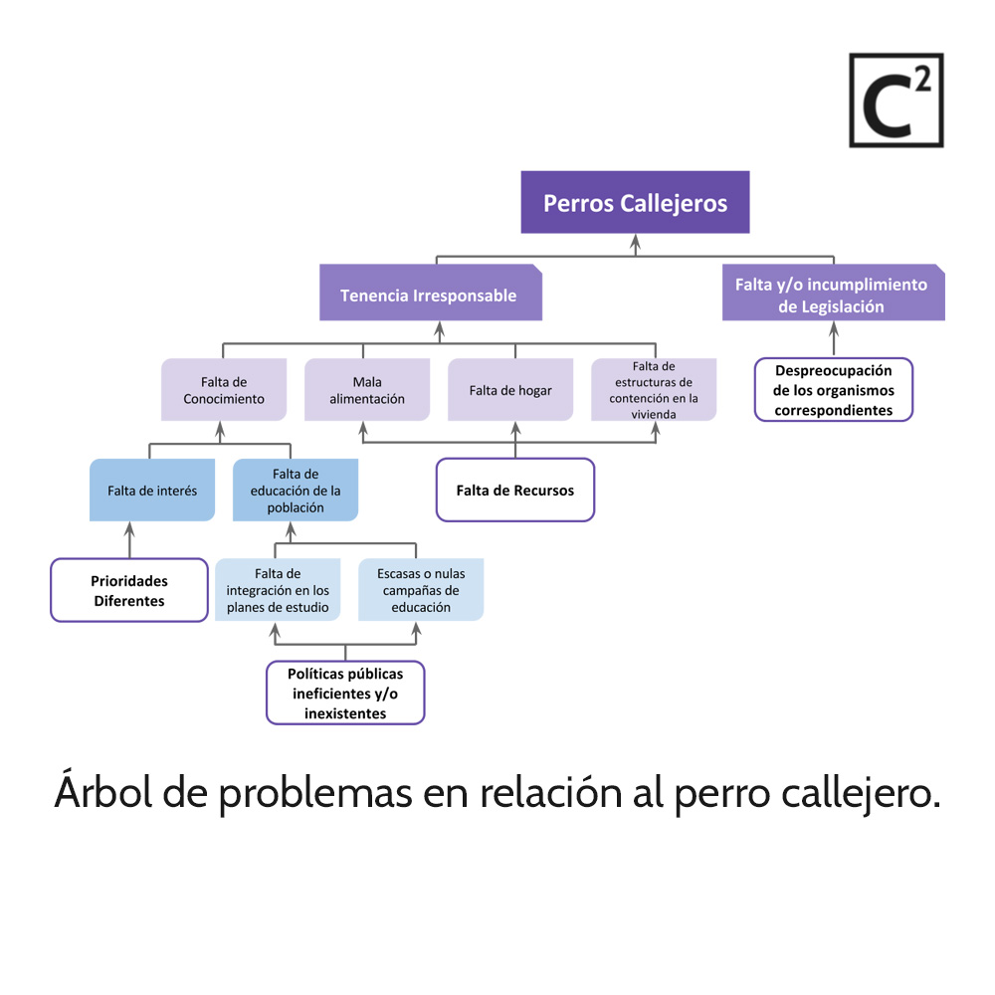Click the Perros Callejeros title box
[x=635, y=203]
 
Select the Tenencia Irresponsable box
[x=430, y=295]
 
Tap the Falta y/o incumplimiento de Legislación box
[x=832, y=296]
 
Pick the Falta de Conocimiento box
[x=224, y=390]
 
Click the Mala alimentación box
[x=366, y=390]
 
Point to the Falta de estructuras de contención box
[x=653, y=390]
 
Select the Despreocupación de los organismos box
[x=833, y=390]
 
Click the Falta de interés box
[x=152, y=490]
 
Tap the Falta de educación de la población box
[x=296, y=490]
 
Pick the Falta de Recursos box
[x=514, y=490]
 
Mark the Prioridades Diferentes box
[x=129, y=590]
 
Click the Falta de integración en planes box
[x=278, y=590]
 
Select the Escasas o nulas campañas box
[x=421, y=590]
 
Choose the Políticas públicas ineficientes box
[x=345, y=693]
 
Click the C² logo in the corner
[x=895, y=100]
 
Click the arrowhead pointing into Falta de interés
[x=128, y=527]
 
